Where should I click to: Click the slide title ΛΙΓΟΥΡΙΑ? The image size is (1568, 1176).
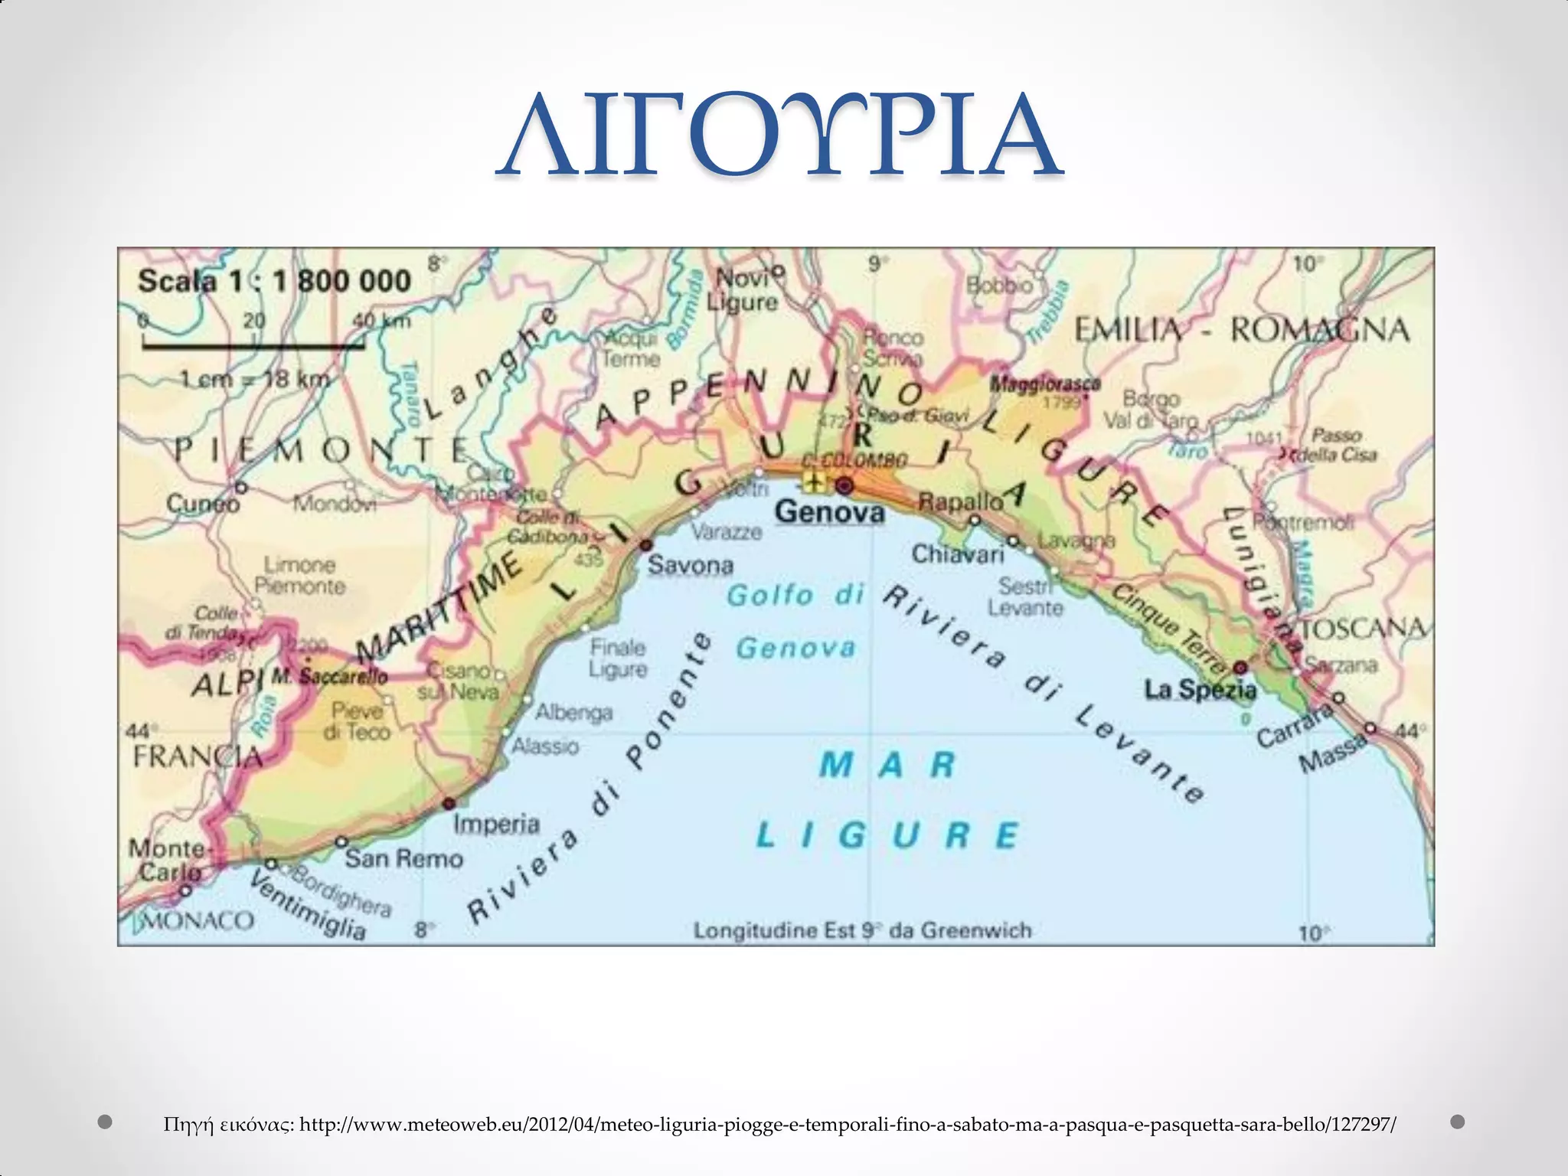point(779,136)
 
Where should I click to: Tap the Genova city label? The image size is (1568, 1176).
point(829,511)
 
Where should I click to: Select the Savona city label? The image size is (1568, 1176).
point(690,565)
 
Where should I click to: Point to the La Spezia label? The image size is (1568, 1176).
point(1200,690)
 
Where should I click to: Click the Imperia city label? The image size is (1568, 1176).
point(496,824)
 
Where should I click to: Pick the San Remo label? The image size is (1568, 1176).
point(403,858)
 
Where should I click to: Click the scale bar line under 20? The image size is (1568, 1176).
point(253,346)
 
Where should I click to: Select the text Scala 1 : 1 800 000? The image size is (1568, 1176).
point(274,281)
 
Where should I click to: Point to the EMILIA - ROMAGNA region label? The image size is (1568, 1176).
point(1241,330)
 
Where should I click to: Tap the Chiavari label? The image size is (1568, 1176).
point(957,554)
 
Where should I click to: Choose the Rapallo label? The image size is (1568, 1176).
point(960,502)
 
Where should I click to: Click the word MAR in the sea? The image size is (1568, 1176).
point(888,765)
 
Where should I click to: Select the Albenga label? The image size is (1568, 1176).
point(573,713)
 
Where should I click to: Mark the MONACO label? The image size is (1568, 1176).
point(198,920)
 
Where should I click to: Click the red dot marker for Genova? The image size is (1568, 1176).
point(844,485)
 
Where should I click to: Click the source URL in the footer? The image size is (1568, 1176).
point(847,1124)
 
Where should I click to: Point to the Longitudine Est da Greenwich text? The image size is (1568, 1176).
point(862,930)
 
